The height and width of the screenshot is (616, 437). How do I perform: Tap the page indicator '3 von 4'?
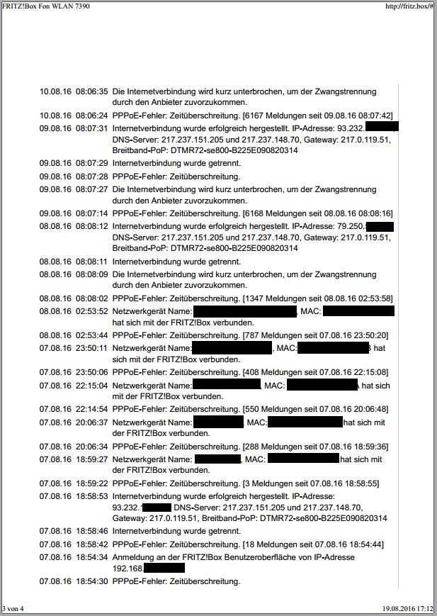click(x=13, y=608)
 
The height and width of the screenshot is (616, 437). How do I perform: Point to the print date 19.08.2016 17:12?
click(x=408, y=608)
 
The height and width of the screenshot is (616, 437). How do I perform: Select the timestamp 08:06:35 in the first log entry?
click(x=91, y=91)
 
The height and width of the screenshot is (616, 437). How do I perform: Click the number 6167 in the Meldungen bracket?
click(x=256, y=115)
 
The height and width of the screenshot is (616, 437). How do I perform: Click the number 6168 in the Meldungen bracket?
click(x=256, y=213)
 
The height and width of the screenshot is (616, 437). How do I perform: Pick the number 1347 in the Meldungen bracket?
click(x=256, y=298)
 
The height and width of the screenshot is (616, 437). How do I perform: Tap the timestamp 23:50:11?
click(x=91, y=348)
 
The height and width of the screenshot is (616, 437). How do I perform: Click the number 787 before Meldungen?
click(x=254, y=335)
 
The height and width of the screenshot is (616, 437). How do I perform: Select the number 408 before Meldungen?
click(x=254, y=371)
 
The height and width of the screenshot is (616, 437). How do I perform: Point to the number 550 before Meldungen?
click(x=254, y=409)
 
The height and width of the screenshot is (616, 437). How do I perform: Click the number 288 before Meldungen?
click(x=254, y=447)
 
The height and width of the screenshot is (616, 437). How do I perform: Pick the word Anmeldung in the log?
click(x=135, y=557)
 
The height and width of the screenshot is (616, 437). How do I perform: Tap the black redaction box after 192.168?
click(x=164, y=568)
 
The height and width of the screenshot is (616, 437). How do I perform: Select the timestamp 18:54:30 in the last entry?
click(x=91, y=581)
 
